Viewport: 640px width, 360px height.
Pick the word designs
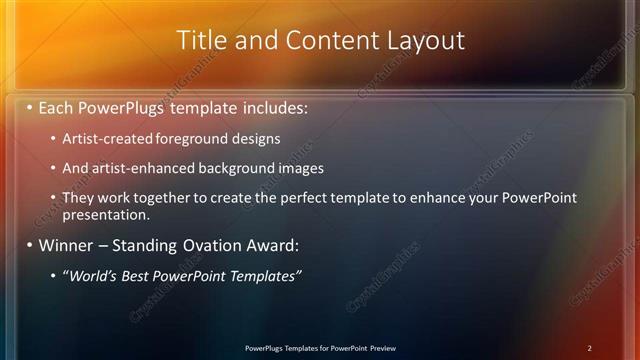coord(258,138)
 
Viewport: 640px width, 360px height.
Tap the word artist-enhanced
coord(140,168)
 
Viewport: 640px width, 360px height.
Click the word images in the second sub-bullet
coord(301,168)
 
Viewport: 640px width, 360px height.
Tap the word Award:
coord(270,245)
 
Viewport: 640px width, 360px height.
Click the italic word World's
coord(93,275)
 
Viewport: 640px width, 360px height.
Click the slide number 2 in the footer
coord(590,348)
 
